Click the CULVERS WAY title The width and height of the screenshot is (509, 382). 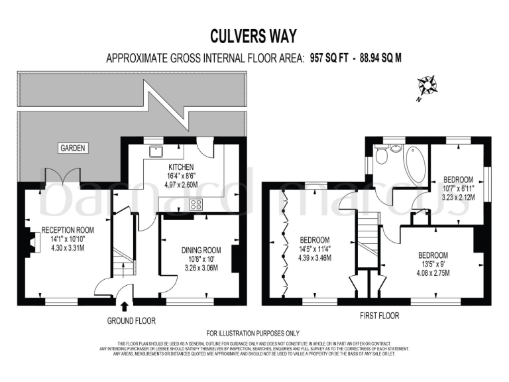[254, 35]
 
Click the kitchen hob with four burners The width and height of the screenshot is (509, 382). [197, 206]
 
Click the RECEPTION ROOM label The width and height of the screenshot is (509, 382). [68, 229]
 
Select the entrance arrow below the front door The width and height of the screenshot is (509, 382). [125, 306]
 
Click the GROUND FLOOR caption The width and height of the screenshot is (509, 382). [131, 320]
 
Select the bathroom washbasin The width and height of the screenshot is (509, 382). [397, 147]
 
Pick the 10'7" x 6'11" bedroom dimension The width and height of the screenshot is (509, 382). [457, 188]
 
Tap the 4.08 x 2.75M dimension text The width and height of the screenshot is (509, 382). [433, 271]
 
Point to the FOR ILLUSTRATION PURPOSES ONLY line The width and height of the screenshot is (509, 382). [253, 333]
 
